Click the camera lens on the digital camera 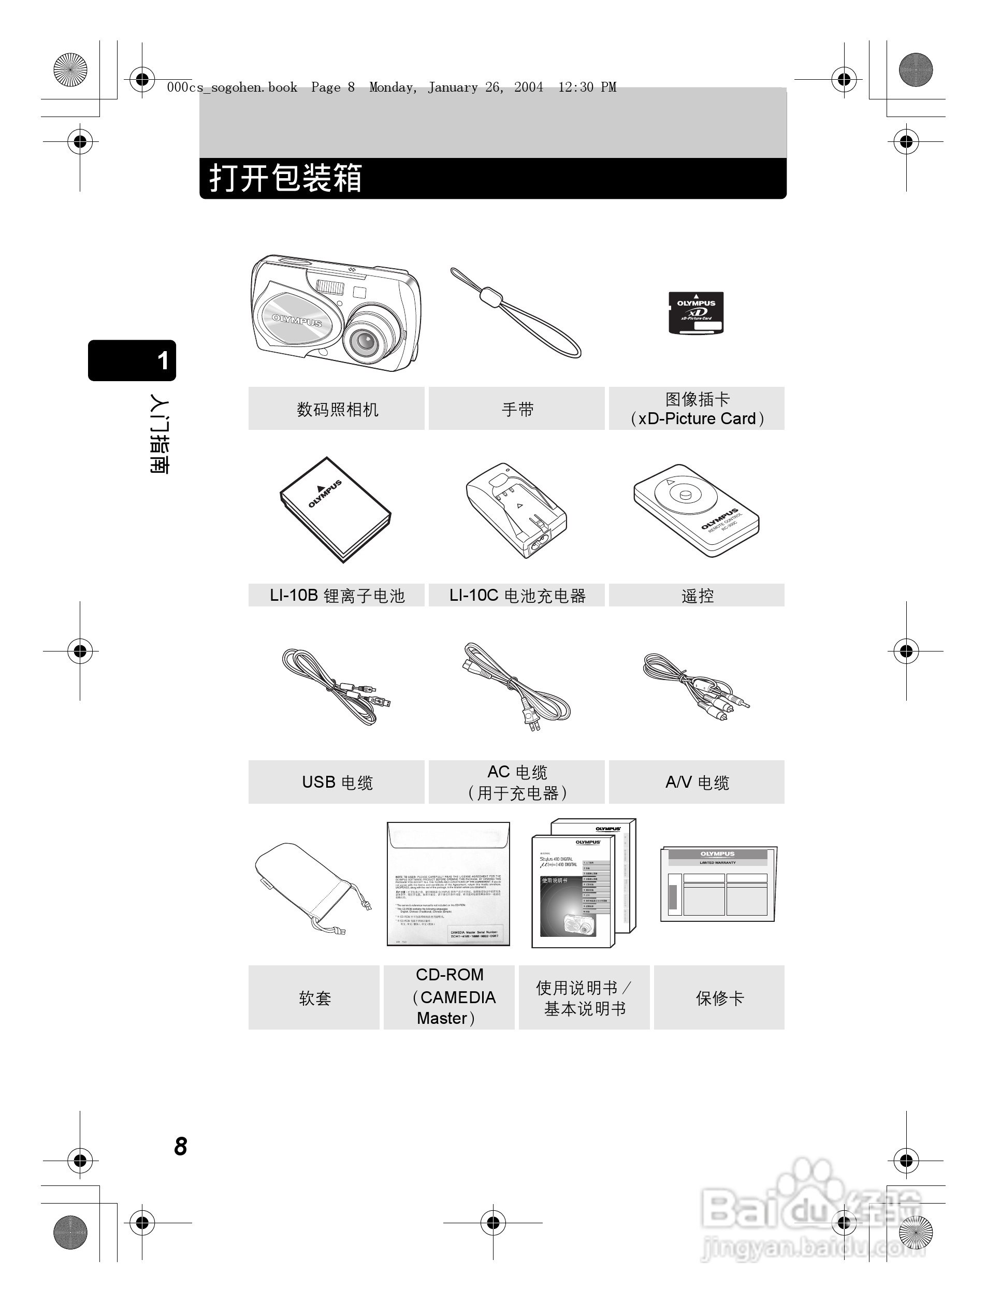[366, 340]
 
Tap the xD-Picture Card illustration [695, 313]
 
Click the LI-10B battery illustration [335, 509]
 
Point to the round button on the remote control [685, 495]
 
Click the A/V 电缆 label [697, 783]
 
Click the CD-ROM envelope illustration [447, 884]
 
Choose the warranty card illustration [718, 884]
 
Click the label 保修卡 [719, 998]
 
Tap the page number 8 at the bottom [180, 1146]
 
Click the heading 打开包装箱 [286, 178]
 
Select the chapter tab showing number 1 [133, 360]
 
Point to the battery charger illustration [515, 510]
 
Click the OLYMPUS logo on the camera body [296, 320]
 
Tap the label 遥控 [697, 596]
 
